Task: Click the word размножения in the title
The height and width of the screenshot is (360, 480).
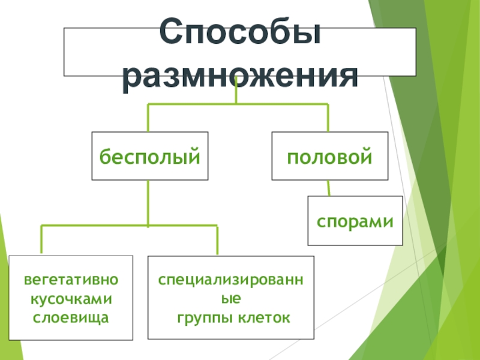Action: coord(240,78)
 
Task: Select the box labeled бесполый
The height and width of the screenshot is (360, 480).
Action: coord(149,157)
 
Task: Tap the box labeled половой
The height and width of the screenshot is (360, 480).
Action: coord(329,157)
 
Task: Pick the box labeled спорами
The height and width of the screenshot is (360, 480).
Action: coord(355,221)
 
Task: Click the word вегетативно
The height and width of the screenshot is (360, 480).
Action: coord(71,280)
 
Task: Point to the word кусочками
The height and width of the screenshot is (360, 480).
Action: coord(71,298)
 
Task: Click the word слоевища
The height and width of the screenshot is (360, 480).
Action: coord(71,316)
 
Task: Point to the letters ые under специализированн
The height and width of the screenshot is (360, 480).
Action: coord(231,298)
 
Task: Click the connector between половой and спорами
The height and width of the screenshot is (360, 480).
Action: coord(328,188)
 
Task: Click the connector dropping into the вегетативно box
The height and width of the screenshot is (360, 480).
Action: coord(41,240)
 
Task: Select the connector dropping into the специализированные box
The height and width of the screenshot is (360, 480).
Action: coord(217,240)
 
